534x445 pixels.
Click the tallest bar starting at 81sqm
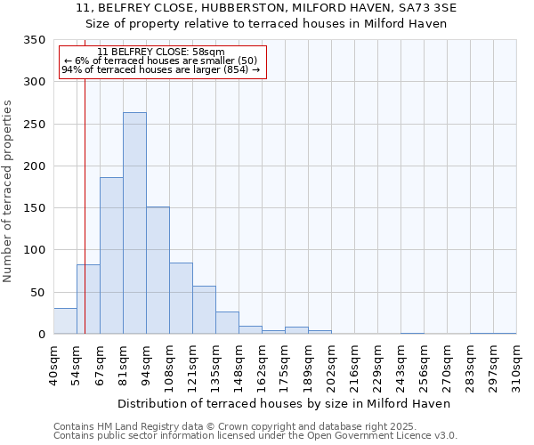tap(134, 223)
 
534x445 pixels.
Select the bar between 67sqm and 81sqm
tap(111, 255)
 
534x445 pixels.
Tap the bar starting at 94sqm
tap(158, 271)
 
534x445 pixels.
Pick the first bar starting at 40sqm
tap(65, 321)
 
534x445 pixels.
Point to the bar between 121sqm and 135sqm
tap(204, 310)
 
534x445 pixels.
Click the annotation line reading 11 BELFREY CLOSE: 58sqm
tap(161, 53)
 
